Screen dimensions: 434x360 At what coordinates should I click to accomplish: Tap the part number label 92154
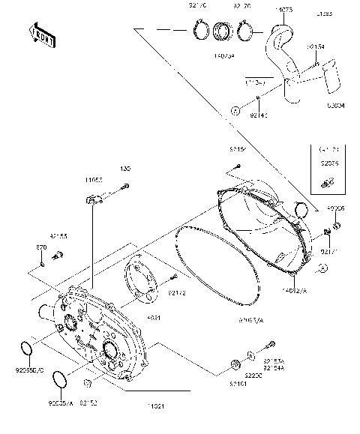point(316,46)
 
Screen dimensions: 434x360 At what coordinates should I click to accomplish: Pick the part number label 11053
point(94,181)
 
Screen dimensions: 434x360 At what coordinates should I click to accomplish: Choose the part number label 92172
point(177,292)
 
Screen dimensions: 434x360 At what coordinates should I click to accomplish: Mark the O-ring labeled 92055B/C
point(26,349)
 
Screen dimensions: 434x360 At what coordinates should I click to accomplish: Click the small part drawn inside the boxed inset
point(327,181)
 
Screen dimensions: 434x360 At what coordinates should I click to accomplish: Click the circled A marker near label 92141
point(235,111)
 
